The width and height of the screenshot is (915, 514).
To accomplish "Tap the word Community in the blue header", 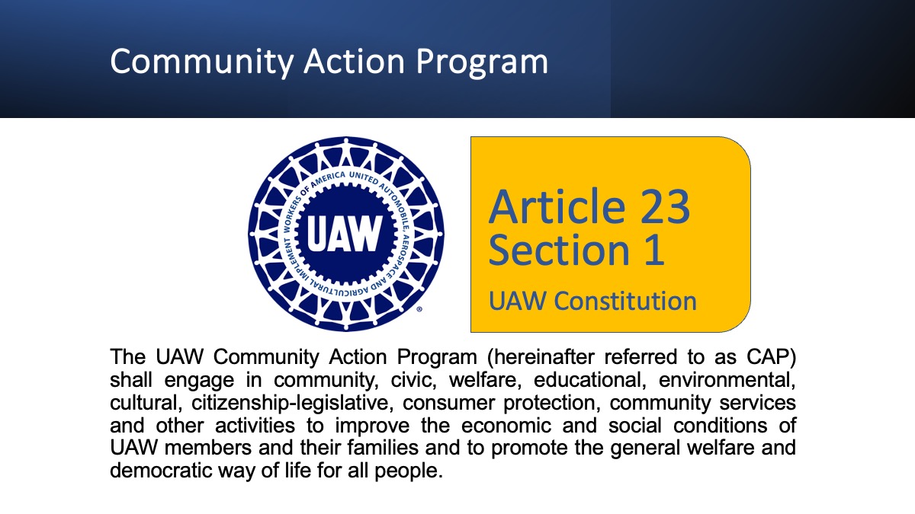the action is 202,62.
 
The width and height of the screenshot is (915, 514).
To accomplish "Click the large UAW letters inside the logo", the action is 345,235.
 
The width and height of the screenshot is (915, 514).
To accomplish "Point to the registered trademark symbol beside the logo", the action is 419,309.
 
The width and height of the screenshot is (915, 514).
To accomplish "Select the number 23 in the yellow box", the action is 665,207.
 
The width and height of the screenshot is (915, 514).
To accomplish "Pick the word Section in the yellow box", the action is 559,250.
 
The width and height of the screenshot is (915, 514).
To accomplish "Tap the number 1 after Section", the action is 654,250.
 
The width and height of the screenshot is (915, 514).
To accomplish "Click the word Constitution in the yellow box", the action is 625,301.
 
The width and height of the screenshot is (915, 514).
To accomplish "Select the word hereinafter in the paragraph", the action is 541,356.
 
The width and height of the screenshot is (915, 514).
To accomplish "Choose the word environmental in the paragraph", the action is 727,380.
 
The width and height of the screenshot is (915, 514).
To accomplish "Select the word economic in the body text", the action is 506,426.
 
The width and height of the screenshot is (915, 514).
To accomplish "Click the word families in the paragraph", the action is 383,448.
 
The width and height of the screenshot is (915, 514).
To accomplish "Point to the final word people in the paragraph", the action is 409,471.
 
